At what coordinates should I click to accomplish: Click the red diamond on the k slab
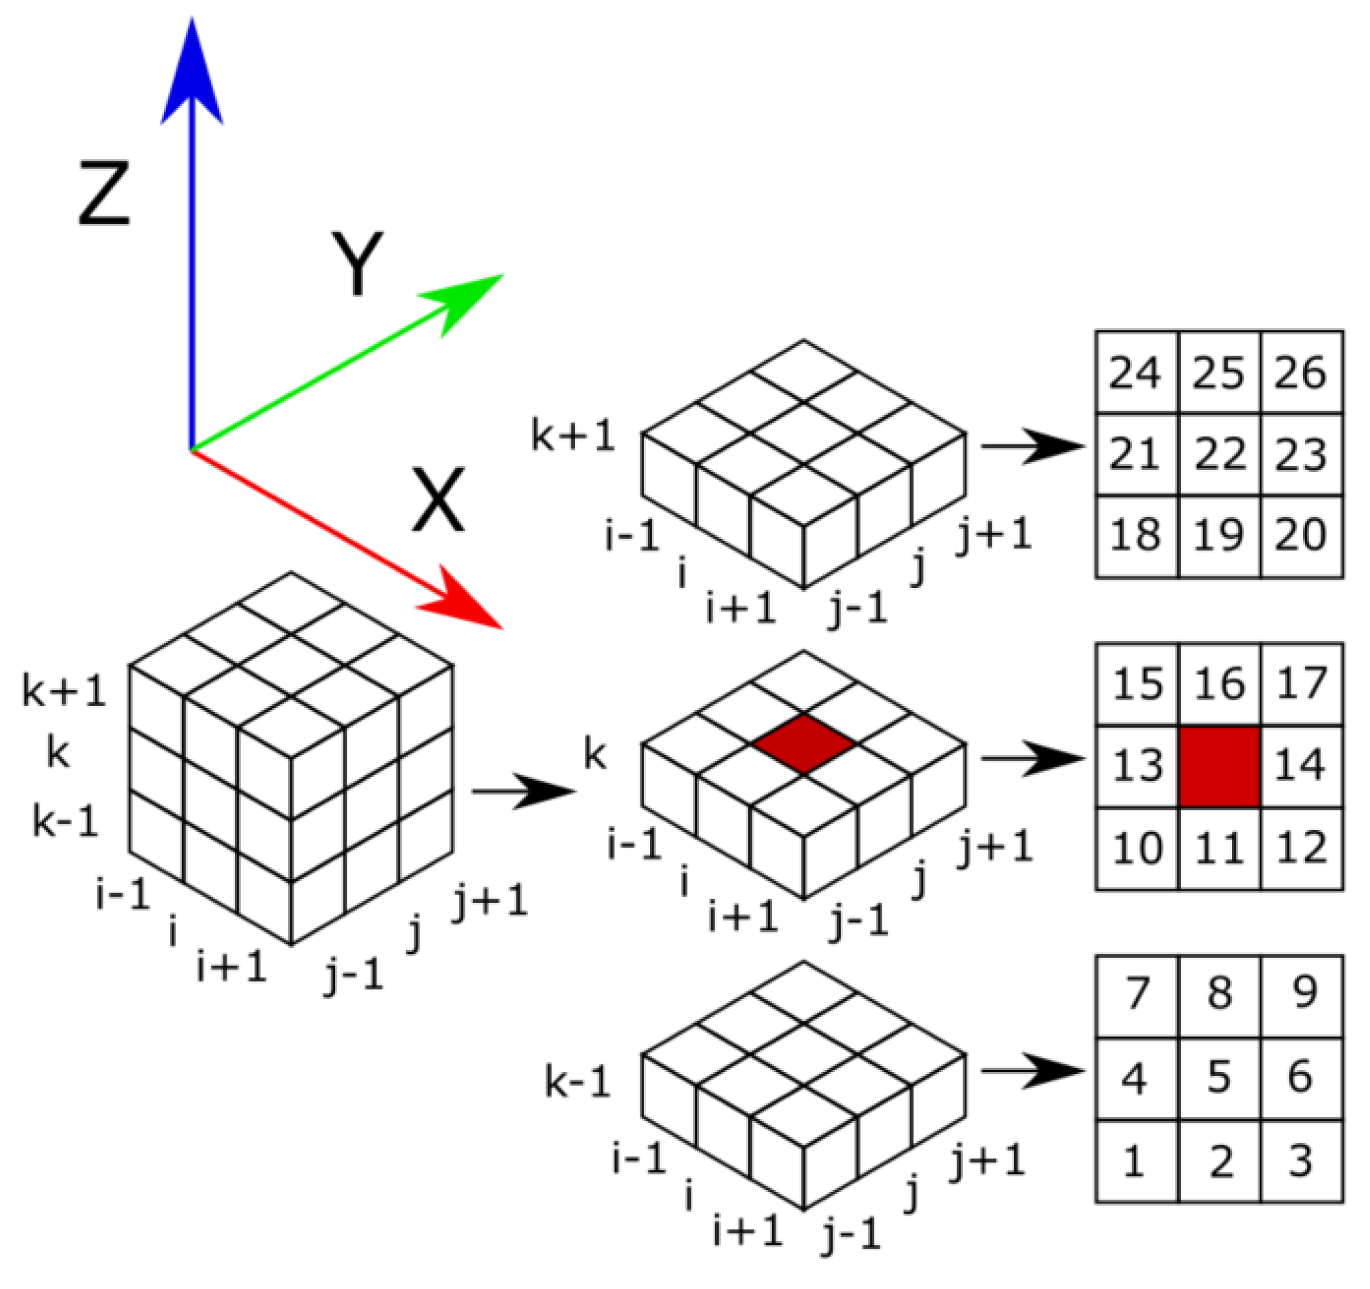pos(804,744)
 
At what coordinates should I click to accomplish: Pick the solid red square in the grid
pos(1219,766)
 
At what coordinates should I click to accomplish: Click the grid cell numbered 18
pos(1136,535)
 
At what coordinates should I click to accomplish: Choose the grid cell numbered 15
pos(1137,684)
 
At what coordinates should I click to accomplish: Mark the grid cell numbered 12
pos(1301,847)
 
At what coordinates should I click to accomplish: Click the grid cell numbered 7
pos(1137,993)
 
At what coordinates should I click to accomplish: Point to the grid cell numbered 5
pos(1219,1076)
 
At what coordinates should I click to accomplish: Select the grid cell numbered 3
pos(1301,1159)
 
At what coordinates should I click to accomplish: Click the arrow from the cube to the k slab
pos(523,790)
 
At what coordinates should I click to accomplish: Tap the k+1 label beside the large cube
pos(64,691)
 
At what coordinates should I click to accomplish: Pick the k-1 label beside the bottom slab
pos(578,1082)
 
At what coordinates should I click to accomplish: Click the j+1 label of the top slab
pos(995,535)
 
